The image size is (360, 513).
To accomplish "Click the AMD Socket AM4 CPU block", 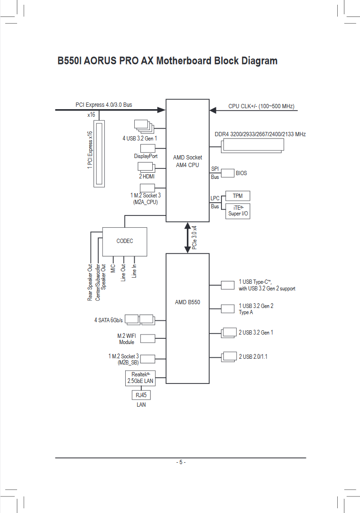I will [x=187, y=160].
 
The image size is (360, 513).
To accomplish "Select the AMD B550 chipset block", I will [x=187, y=318].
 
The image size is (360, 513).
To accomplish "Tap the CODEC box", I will [x=125, y=242].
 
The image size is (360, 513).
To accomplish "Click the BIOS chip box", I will [x=228, y=173].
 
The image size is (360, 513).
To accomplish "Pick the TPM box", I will [x=238, y=196].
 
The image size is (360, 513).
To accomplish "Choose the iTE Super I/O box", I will [x=238, y=211].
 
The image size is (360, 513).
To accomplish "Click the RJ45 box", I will [x=141, y=395].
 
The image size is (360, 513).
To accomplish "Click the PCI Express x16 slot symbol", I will [x=100, y=154].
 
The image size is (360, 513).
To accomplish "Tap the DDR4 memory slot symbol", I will [x=252, y=145].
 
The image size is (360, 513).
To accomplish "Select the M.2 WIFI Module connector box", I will [x=148, y=338].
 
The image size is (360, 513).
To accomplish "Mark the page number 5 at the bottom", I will [x=180, y=462].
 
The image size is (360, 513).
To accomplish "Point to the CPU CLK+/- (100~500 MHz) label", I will [x=261, y=106].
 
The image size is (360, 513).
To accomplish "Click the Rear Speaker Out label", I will [x=90, y=282].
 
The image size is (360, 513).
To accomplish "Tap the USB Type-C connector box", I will [x=228, y=285].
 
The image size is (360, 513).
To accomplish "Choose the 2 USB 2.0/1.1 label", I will [x=253, y=356].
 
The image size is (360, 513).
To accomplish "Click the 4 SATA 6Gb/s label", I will [x=108, y=320].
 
